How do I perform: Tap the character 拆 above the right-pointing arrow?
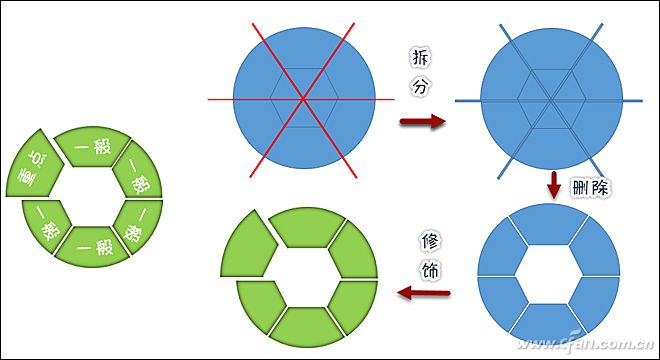point(420,57)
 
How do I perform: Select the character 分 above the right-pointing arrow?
point(420,88)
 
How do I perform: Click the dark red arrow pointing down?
point(553,185)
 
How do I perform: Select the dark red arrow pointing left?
point(423,293)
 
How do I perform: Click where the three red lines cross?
point(301,99)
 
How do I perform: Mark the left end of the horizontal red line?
point(211,99)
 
